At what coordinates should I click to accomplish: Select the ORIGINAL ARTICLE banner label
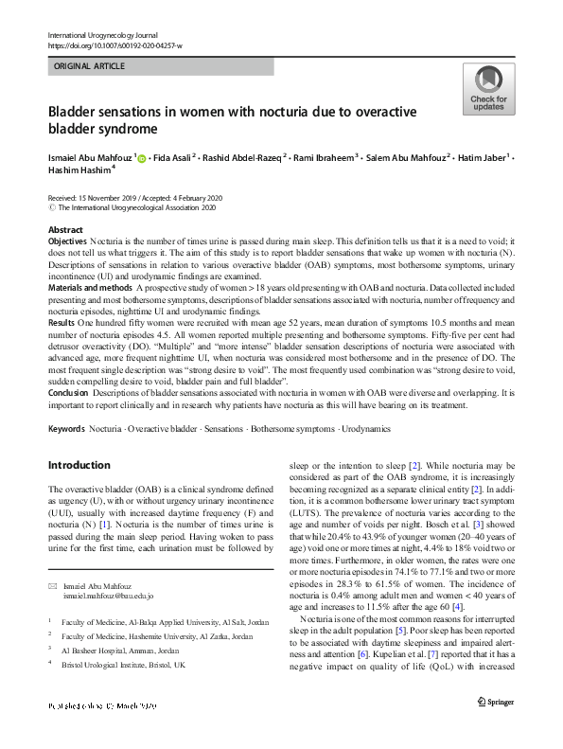pos(88,67)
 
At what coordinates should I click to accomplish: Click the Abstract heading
pos(65,231)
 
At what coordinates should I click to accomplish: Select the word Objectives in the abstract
pos(66,243)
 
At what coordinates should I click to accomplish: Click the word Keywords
pos(66,429)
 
